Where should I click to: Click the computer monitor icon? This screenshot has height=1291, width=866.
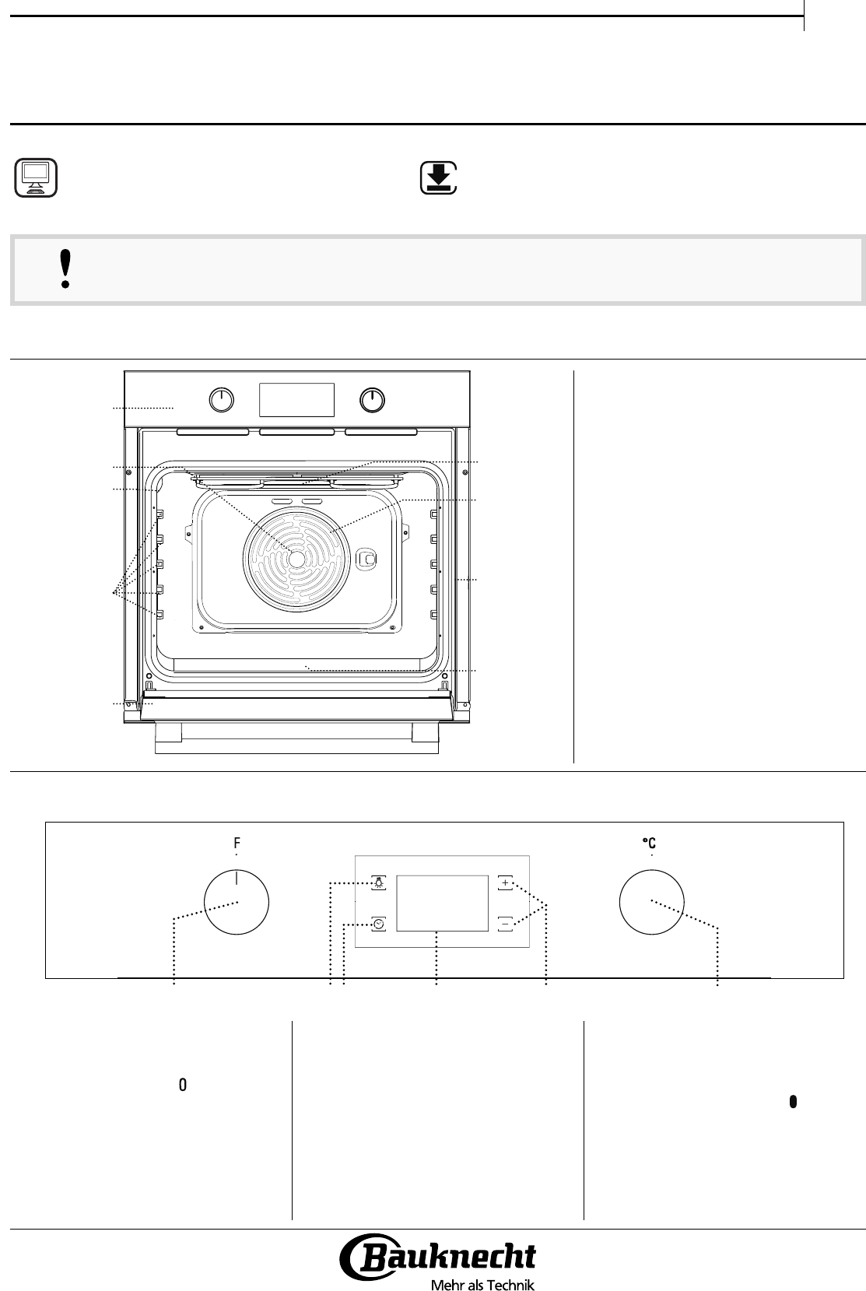pos(36,177)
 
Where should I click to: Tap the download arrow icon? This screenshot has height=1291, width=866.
pos(439,177)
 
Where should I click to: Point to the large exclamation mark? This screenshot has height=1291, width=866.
pos(65,268)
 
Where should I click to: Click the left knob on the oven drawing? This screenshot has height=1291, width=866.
pos(221,400)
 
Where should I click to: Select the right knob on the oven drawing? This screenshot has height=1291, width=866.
pos(372,400)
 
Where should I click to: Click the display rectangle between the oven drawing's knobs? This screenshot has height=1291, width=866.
pos(296,400)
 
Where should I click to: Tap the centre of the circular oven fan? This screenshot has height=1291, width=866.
pos(296,559)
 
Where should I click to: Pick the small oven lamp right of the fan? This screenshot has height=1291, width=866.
pos(366,559)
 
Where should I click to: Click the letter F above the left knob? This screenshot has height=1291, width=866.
pos(237,844)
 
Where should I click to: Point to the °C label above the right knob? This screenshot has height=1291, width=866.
pos(650,844)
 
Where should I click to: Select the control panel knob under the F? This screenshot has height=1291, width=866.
pos(237,902)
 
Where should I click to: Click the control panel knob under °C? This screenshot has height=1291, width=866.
pos(652,902)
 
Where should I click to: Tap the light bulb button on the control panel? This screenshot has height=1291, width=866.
pos(379,883)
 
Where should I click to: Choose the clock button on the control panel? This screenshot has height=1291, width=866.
pos(379,924)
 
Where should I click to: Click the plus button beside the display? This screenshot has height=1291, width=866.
pos(505,883)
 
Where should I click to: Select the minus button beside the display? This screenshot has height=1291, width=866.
pos(505,924)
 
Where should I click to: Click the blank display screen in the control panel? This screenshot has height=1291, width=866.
pos(443,903)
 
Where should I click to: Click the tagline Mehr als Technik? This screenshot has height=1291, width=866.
pos(483,1285)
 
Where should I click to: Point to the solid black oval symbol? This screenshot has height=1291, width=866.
pos(793,1101)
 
